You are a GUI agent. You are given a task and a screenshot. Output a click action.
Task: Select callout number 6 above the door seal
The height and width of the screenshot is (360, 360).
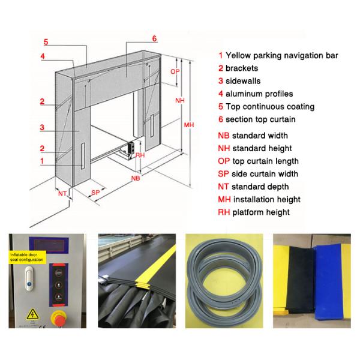pyautogui.click(x=154, y=39)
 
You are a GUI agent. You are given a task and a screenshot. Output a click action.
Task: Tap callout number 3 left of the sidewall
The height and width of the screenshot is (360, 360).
pyautogui.click(x=42, y=127)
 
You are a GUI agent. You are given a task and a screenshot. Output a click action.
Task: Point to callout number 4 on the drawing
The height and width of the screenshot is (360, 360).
pyautogui.click(x=43, y=56)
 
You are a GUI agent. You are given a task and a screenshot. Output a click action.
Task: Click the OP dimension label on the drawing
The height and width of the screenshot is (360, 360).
pyautogui.click(x=175, y=71)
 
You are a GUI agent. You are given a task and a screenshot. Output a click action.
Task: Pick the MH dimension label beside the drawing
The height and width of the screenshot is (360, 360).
pyautogui.click(x=189, y=125)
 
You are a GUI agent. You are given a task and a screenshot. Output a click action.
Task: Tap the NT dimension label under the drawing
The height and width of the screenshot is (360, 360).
pyautogui.click(x=62, y=193)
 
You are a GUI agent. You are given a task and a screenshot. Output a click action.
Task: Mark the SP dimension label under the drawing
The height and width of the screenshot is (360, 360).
pyautogui.click(x=95, y=192)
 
